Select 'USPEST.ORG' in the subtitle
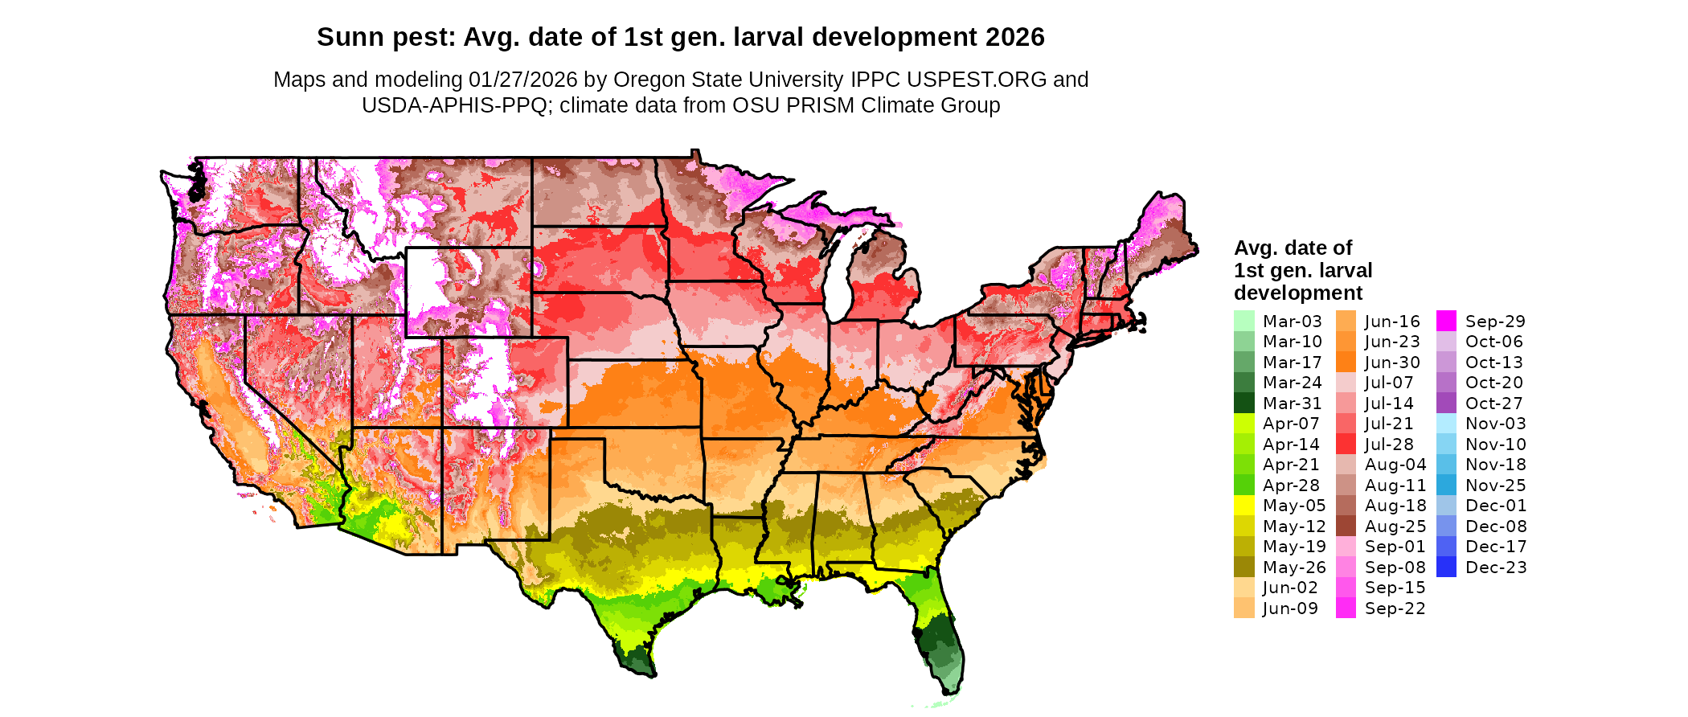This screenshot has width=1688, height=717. click(x=977, y=80)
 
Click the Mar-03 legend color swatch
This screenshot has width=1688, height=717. click(x=1243, y=321)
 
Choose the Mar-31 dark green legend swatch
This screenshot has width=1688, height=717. click(x=1243, y=403)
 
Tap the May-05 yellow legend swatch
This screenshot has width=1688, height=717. click(x=1243, y=506)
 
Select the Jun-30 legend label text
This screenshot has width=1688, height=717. click(x=1392, y=363)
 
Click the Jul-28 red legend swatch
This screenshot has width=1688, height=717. click(x=1346, y=444)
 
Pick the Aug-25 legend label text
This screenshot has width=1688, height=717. click(x=1395, y=526)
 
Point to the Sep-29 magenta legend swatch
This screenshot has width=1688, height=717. click(x=1446, y=321)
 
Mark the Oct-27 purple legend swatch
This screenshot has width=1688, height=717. click(x=1446, y=403)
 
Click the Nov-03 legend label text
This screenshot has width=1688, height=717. click(x=1495, y=424)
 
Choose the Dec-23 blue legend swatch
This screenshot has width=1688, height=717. click(x=1446, y=567)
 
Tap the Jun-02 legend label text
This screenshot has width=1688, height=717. click(x=1290, y=588)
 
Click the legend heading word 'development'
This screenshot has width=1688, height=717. click(x=1298, y=293)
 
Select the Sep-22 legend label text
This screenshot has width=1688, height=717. click(x=1395, y=608)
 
